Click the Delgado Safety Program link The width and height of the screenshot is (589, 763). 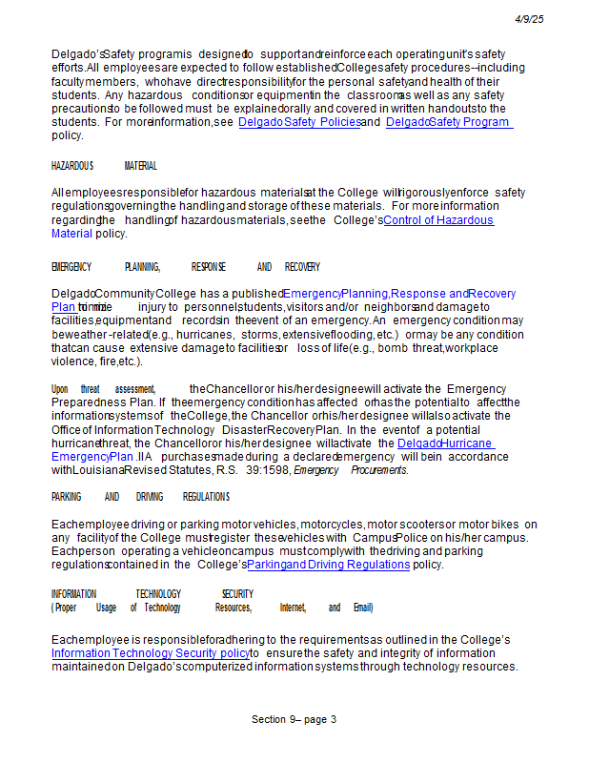448,122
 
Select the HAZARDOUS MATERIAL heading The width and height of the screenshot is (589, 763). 104,166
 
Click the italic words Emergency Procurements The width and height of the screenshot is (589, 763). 350,470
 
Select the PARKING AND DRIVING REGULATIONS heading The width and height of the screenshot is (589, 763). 140,497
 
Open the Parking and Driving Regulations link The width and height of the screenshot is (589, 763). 329,565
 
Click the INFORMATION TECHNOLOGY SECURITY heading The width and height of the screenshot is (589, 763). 152,594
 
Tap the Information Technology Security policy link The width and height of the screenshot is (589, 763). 151,653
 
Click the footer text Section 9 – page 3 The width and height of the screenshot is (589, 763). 294,719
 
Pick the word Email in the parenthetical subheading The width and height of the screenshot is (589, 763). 362,608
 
